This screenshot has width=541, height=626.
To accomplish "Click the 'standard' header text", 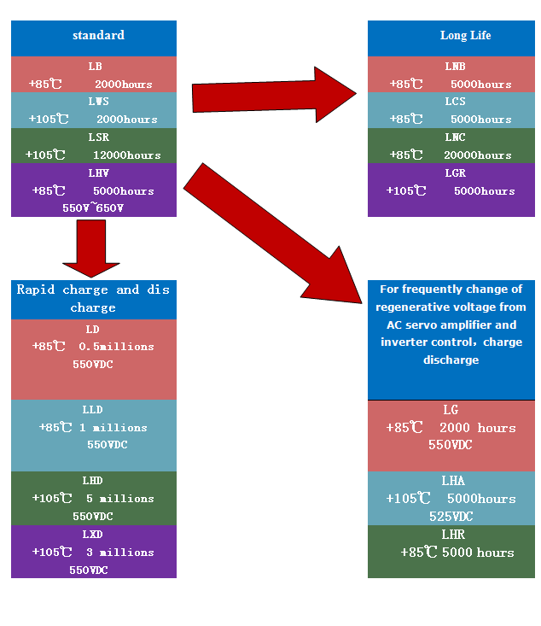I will tap(98, 35).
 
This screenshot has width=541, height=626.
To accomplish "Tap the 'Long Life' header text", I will tap(465, 36).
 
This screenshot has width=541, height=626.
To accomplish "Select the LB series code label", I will tap(94, 67).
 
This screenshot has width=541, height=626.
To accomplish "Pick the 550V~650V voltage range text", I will tap(93, 208).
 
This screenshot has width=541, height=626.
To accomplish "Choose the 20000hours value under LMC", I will tap(478, 155).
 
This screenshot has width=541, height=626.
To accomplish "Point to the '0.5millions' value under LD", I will tap(116, 347).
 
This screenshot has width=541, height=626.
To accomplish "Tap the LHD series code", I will tap(93, 481).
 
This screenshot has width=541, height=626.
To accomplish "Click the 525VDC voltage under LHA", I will tap(451, 517).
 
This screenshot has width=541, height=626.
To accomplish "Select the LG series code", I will tap(451, 410).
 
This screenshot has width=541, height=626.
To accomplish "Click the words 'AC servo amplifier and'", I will tap(451, 325).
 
